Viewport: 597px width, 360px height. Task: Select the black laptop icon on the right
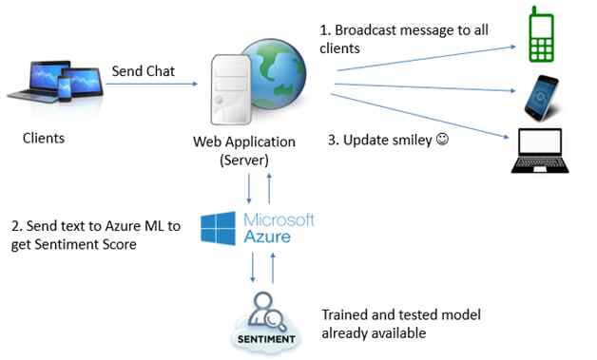click(540, 152)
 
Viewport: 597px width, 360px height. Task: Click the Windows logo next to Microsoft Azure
click(221, 230)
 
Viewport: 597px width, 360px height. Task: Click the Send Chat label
click(142, 71)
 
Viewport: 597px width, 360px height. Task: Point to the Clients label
click(44, 139)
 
